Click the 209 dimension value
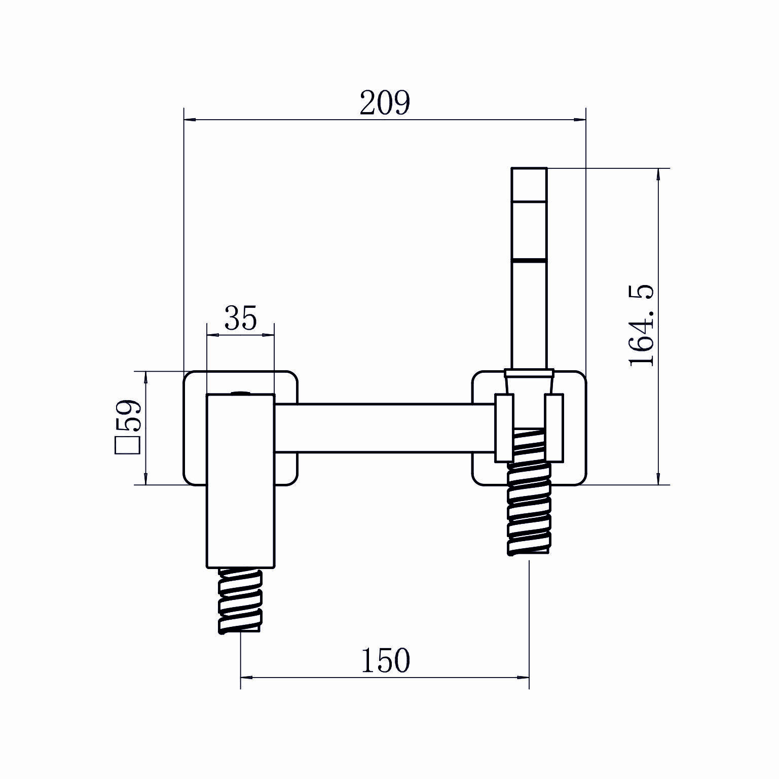tap(384, 103)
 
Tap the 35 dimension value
tap(241, 318)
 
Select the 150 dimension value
tap(385, 660)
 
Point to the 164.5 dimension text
tap(641, 325)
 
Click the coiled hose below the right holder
tap(529, 491)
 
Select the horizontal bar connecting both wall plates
tap(385, 428)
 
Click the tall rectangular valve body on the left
tap(241, 481)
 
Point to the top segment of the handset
tap(529, 184)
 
